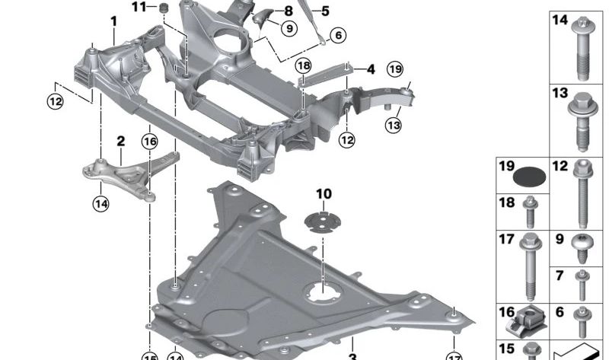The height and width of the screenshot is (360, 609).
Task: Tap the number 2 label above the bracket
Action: pos(120,141)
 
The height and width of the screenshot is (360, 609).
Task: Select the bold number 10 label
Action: pos(324,194)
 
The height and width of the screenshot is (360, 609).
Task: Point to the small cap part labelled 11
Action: pos(162,8)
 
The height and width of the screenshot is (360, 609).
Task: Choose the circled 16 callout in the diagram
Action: pos(149,141)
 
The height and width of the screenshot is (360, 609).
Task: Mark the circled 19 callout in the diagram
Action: pos(394,70)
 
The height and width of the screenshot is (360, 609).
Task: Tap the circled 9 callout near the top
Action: pos(289,29)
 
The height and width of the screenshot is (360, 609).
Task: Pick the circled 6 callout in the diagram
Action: pos(338,34)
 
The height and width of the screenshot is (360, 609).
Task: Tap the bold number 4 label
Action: pos(371,69)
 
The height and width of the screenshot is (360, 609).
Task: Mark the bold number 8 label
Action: pos(289,11)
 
